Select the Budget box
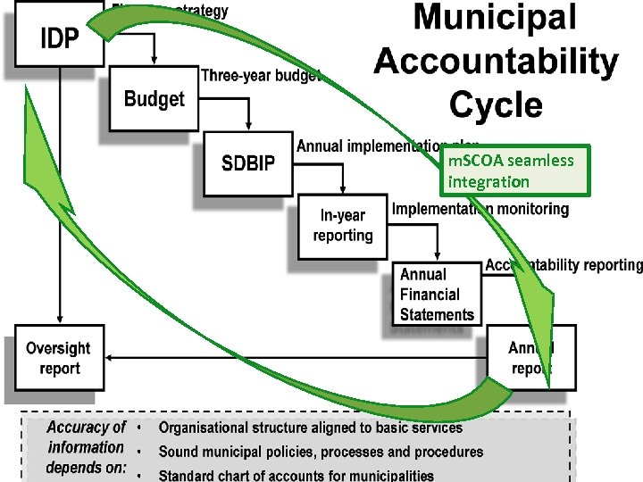(x=154, y=99)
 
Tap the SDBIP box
(x=247, y=164)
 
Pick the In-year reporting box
(x=343, y=226)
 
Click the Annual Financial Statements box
(x=437, y=295)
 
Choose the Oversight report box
(x=58, y=358)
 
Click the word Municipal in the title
(x=495, y=20)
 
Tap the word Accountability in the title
(x=496, y=62)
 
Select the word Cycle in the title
(x=496, y=104)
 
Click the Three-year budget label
(x=261, y=76)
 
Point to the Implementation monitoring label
(x=480, y=209)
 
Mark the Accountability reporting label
(x=564, y=265)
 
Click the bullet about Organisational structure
(x=311, y=428)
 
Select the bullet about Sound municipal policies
(x=321, y=452)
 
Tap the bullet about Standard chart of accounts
(x=296, y=475)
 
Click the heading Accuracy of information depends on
(x=87, y=447)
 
